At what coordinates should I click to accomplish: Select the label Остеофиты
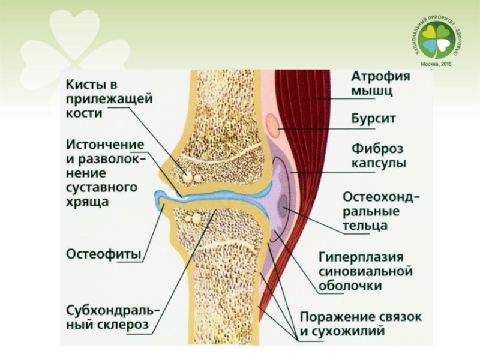[x=104, y=254]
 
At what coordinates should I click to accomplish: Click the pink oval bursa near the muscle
[x=272, y=125]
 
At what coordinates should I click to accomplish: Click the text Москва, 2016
[x=436, y=64]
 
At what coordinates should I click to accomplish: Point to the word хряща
[x=87, y=202]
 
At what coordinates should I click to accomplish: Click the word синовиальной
[x=365, y=271]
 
